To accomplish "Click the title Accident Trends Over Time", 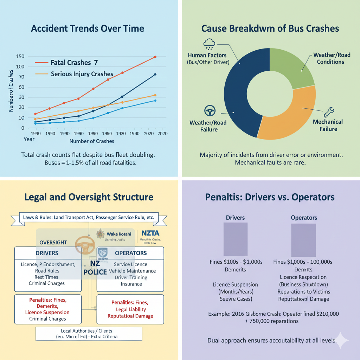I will pos(88,28).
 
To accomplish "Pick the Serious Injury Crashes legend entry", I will pos(82,74).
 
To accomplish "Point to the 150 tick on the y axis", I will pos(20,57).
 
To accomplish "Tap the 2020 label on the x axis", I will pos(162,134).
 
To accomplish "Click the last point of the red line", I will pos(155,57).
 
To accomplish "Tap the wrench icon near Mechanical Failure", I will pos(329,112).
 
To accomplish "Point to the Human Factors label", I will pos(207,55).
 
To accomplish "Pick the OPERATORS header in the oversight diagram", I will pos(131,253).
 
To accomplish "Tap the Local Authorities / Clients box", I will pos(89,333).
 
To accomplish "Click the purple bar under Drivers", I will pos(236,239).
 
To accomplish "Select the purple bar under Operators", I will pos(304,239).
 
